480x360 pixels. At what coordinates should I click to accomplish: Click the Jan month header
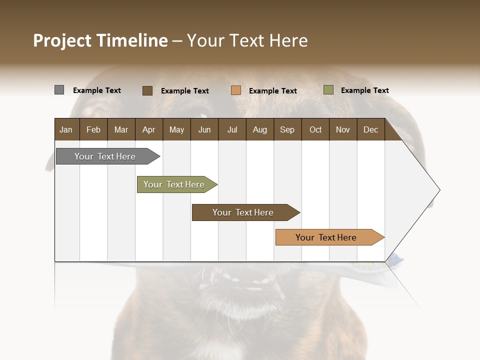(66, 129)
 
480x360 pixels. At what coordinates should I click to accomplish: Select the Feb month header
(93, 129)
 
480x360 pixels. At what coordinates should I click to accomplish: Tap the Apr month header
(148, 129)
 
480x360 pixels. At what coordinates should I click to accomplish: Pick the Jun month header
(204, 129)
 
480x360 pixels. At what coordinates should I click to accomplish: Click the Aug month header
(259, 129)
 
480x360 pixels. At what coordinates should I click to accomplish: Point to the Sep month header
(287, 129)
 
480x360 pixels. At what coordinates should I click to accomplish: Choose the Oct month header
(315, 129)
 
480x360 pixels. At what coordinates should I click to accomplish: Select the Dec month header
(370, 129)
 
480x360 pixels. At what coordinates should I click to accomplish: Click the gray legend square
(59, 90)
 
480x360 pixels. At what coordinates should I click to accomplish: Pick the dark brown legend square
(147, 90)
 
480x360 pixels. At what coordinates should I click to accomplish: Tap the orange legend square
(236, 90)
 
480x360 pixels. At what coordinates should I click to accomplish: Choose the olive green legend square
(328, 90)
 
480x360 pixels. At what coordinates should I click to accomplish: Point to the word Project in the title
(63, 40)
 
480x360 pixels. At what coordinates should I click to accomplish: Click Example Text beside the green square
(364, 90)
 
